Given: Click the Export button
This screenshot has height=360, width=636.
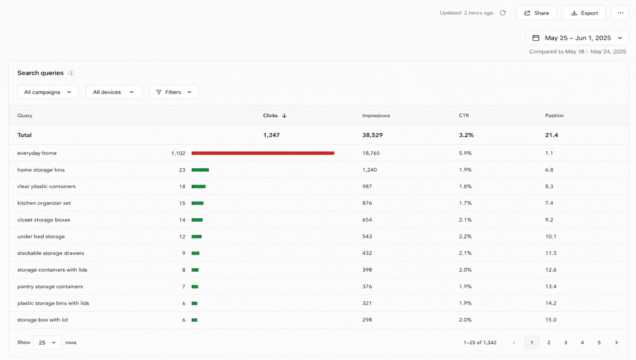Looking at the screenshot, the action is pyautogui.click(x=584, y=13).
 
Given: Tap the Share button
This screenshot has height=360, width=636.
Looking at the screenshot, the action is pyautogui.click(x=537, y=13).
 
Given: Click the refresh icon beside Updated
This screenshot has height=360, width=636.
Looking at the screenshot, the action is pyautogui.click(x=503, y=13).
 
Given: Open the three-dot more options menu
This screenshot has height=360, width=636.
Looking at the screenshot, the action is pyautogui.click(x=621, y=13).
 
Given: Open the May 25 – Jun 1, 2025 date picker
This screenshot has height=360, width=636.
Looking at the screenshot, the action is pyautogui.click(x=577, y=38).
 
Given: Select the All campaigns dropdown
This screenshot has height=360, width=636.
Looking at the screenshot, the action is pyautogui.click(x=48, y=92).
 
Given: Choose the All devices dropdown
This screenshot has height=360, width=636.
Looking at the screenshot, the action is pyautogui.click(x=114, y=92).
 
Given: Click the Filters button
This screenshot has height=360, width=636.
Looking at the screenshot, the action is pyautogui.click(x=174, y=92).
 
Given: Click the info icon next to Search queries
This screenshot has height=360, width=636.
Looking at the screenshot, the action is pyautogui.click(x=71, y=73).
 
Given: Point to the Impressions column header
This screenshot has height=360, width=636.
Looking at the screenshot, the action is pyautogui.click(x=376, y=115).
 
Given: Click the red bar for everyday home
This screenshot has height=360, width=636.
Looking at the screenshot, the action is pyautogui.click(x=263, y=153).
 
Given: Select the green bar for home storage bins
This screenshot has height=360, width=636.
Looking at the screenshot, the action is pyautogui.click(x=200, y=170).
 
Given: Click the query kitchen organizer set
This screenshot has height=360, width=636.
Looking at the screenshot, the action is pyautogui.click(x=44, y=203).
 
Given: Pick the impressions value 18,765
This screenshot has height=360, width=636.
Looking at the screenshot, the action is pyautogui.click(x=371, y=153).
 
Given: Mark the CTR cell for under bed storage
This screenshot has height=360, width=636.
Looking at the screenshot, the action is pyautogui.click(x=465, y=236).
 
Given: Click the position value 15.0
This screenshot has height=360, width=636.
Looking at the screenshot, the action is pyautogui.click(x=551, y=320).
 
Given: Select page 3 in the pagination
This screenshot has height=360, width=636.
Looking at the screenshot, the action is pyautogui.click(x=566, y=343).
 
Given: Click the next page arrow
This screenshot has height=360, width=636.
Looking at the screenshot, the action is pyautogui.click(x=616, y=343).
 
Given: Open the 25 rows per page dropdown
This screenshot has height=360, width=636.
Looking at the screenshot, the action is pyautogui.click(x=47, y=343).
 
